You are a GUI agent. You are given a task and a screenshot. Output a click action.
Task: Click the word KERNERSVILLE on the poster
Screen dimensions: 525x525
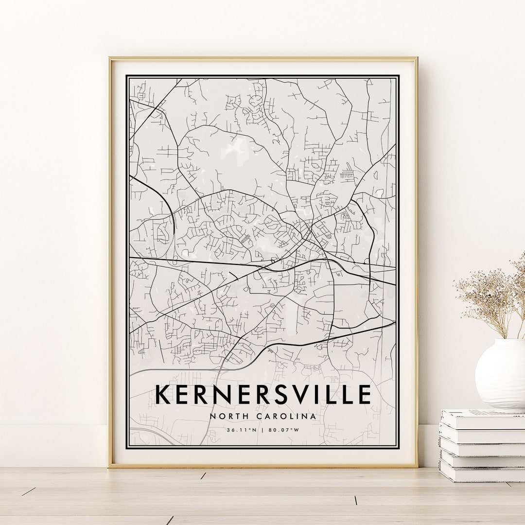point(263,394)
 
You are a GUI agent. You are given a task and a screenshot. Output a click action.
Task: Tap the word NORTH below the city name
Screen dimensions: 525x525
point(227,416)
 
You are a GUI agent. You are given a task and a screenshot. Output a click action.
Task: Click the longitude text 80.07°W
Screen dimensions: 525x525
point(285,430)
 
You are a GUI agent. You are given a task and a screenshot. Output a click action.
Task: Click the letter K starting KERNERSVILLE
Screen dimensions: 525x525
point(163,394)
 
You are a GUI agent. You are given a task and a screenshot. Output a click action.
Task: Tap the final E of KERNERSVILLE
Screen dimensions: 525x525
point(365,394)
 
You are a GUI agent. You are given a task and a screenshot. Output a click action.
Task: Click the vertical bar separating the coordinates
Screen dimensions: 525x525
point(262,430)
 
